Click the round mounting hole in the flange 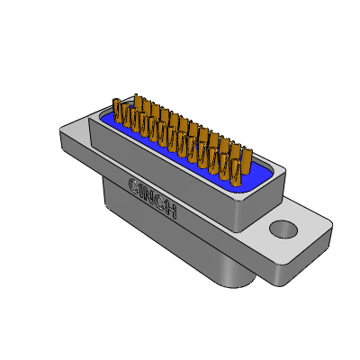pos(283,229)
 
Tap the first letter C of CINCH pos(133,185)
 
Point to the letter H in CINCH pos(171,211)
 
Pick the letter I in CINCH pos(141,191)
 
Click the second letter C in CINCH pos(161,203)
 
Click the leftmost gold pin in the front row pos(117,111)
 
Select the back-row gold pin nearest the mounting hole pos(247,160)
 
